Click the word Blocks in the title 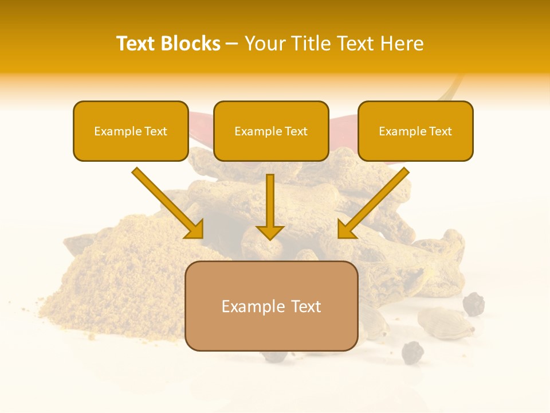(x=191, y=44)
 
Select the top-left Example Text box (x=131, y=131)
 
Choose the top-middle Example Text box (x=271, y=131)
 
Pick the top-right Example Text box (x=415, y=131)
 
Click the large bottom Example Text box (x=271, y=306)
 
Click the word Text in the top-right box (x=441, y=131)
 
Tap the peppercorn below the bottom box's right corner (x=412, y=352)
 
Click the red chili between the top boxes (x=201, y=123)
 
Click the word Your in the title (x=264, y=44)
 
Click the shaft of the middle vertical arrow (x=270, y=198)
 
